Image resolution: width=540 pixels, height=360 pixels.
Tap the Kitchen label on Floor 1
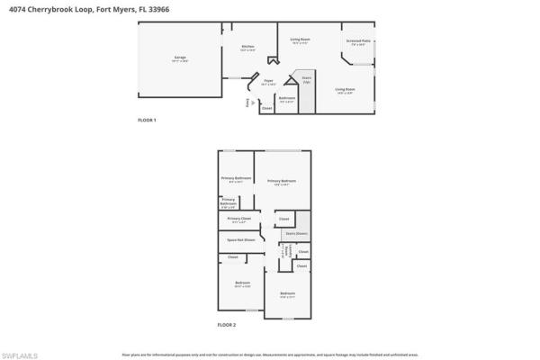point(247,48)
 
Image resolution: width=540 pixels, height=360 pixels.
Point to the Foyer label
point(267,81)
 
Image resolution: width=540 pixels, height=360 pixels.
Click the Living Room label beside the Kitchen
point(300,40)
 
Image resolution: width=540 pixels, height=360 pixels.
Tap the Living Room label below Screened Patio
point(346,89)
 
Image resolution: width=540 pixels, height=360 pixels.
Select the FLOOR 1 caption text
point(147,121)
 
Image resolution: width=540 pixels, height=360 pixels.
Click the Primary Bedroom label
point(282,182)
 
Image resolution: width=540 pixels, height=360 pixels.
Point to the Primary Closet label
point(238,219)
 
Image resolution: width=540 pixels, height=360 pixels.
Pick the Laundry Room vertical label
point(287,253)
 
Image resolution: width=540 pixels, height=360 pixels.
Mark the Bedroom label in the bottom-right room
point(287,294)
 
